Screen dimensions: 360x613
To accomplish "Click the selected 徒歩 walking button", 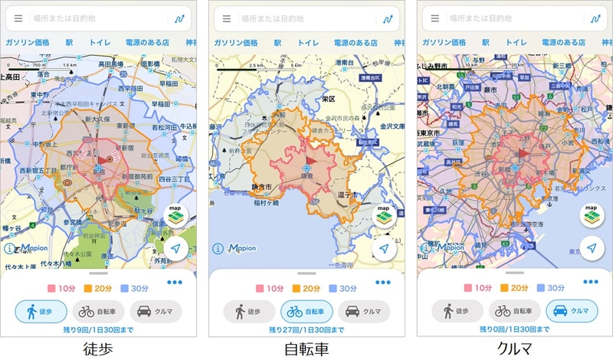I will [40, 311].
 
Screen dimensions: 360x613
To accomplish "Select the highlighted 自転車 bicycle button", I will [306, 311].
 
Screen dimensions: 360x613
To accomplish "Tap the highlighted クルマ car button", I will [572, 311].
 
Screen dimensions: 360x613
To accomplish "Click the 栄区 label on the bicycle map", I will [329, 99].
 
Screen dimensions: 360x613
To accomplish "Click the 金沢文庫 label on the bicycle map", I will [388, 126].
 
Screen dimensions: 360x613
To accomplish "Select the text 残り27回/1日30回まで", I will [306, 330].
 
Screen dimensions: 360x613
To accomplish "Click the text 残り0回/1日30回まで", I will [514, 330].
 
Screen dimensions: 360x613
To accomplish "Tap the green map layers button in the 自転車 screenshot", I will [384, 216].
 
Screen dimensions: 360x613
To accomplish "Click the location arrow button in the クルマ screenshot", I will [591, 248].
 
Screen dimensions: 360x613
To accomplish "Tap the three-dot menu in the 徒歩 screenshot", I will [176, 283].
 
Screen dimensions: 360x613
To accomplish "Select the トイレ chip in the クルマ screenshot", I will [516, 42].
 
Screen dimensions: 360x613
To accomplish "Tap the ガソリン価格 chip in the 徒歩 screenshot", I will [24, 42].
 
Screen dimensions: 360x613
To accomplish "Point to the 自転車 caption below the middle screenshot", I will [306, 349].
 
